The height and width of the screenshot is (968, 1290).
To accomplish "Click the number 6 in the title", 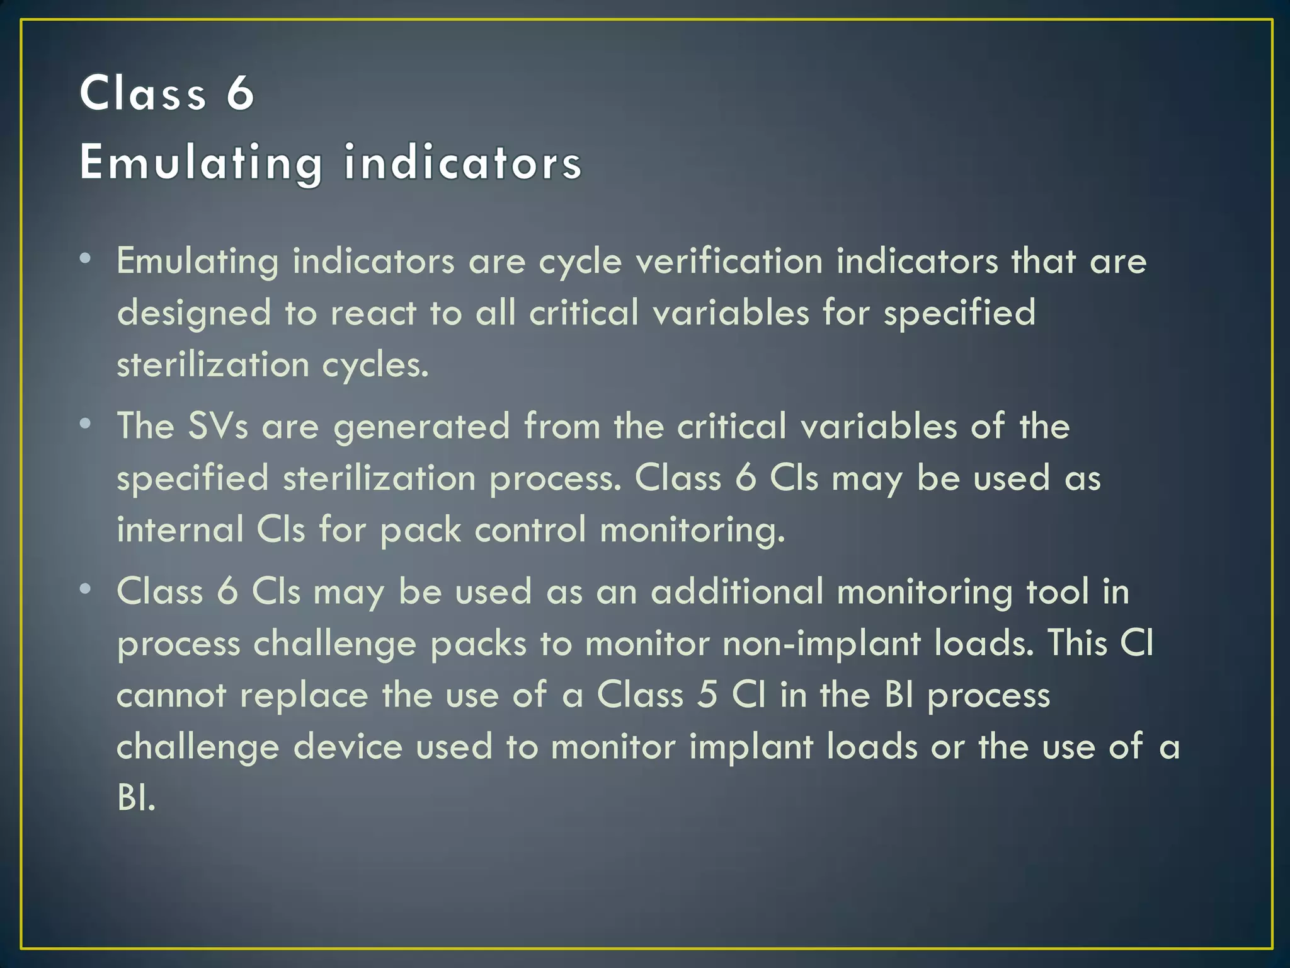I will point(240,93).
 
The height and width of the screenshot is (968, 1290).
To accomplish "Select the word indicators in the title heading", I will point(463,163).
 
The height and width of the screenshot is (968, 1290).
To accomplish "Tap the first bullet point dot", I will point(86,258).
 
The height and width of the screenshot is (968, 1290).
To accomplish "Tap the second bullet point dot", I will point(86,423).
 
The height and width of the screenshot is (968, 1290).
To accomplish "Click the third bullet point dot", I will point(86,589).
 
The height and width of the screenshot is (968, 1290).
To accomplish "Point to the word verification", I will point(729,262).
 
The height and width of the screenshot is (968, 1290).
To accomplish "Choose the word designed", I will point(194,313).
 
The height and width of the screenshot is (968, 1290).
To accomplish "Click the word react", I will point(374,313).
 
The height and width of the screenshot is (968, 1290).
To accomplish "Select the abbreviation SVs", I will point(217,426).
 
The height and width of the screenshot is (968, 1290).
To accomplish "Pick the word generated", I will point(421,427).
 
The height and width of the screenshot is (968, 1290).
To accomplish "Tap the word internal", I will point(180,529).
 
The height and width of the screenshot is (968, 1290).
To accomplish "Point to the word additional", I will point(737,592).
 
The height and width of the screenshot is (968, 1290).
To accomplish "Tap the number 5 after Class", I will point(708,695).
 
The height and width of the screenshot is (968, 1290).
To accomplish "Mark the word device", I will point(348,747).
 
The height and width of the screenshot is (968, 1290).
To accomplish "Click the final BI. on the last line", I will point(136,798).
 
